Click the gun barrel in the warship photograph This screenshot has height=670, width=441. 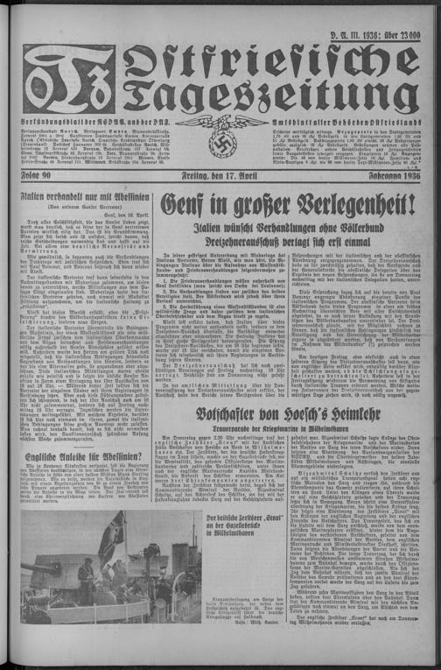105,561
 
